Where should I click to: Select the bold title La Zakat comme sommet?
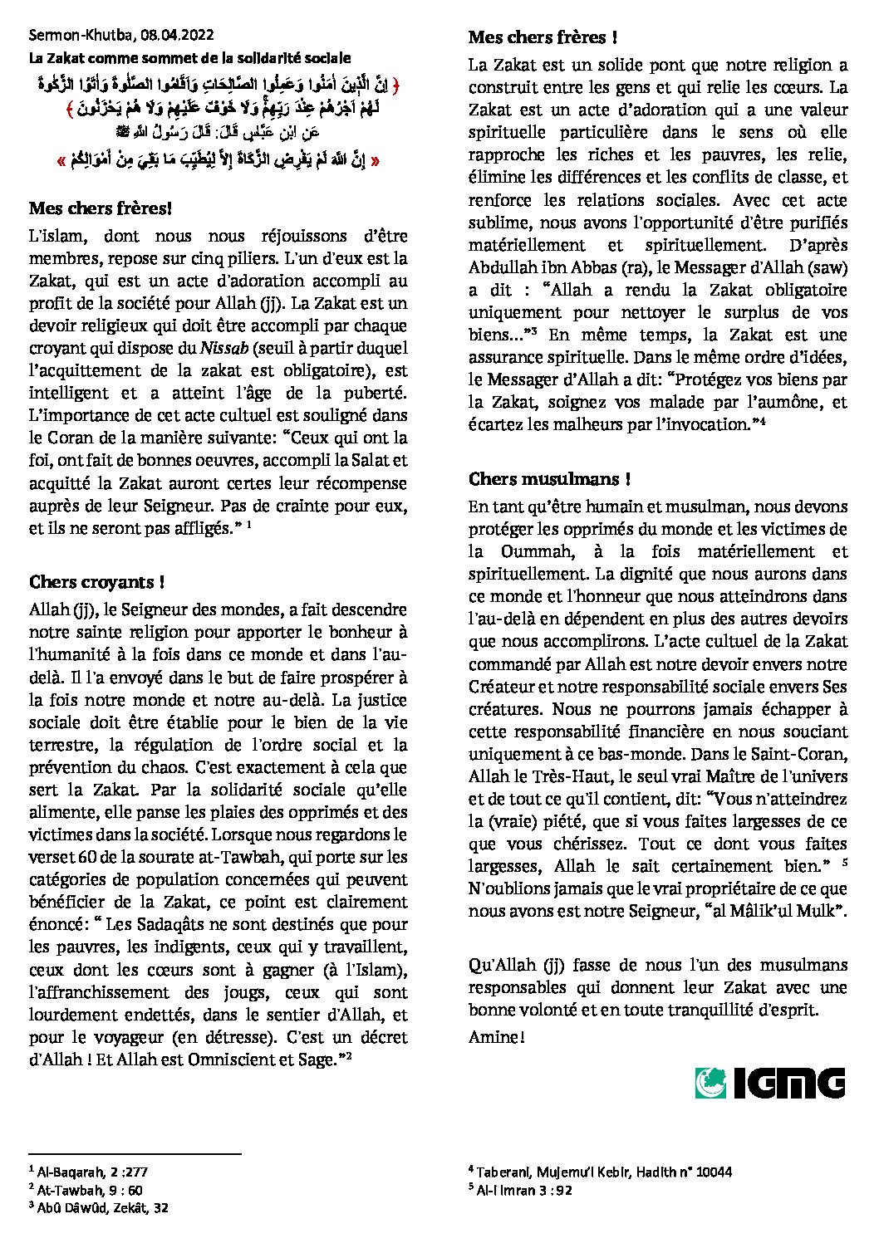click(189, 58)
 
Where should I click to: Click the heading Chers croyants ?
click(96, 582)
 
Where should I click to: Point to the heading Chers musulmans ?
click(549, 479)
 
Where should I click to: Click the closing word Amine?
click(496, 1037)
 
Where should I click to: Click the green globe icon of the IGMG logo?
click(710, 1083)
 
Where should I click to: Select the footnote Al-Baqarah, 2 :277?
click(92, 1172)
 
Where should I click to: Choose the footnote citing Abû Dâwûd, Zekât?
click(103, 1207)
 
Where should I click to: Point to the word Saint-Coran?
click(798, 754)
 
